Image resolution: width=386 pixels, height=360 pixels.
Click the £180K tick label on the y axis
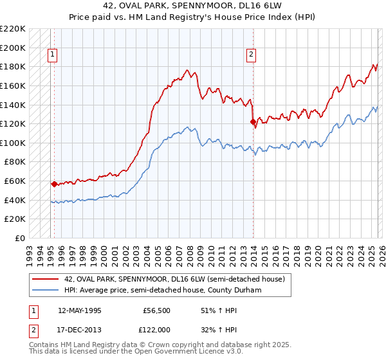[x=13, y=66]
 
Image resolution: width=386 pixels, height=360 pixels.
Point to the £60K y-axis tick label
[x=15, y=181]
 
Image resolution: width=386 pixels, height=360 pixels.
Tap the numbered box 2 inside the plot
[x=251, y=55]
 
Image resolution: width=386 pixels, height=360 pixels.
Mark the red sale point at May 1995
[x=54, y=184]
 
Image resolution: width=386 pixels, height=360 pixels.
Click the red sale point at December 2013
[x=253, y=122]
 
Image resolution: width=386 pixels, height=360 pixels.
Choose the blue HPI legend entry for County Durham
[x=167, y=290]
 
